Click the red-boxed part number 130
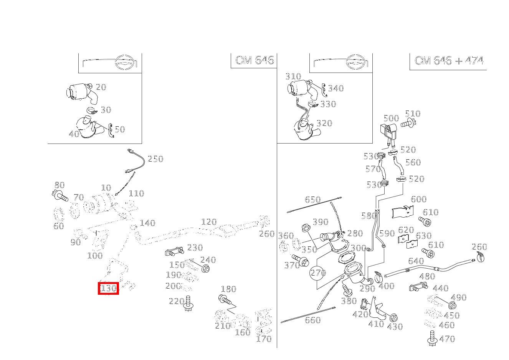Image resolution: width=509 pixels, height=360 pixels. point(108,289)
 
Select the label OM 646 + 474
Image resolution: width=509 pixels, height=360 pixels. point(449,61)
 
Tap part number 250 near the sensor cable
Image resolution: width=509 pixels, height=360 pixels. point(155,159)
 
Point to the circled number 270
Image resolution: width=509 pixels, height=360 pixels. point(318,272)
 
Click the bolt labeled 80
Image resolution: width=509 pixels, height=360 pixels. point(60,196)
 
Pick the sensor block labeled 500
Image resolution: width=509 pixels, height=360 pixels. point(388,130)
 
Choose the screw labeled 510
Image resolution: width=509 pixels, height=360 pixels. point(408,123)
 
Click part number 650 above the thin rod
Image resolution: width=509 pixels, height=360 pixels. point(313,200)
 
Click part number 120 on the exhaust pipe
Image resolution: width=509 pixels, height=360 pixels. point(209,222)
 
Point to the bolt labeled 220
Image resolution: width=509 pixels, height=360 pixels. point(188,304)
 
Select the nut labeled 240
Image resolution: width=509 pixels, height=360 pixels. point(206,268)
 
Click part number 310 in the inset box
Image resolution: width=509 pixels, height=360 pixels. point(293,76)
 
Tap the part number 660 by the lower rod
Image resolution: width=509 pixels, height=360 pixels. point(313,320)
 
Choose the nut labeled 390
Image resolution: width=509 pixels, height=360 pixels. point(306,228)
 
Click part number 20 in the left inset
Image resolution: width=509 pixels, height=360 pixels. point(101,87)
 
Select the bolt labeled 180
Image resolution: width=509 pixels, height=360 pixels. point(225,299)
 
